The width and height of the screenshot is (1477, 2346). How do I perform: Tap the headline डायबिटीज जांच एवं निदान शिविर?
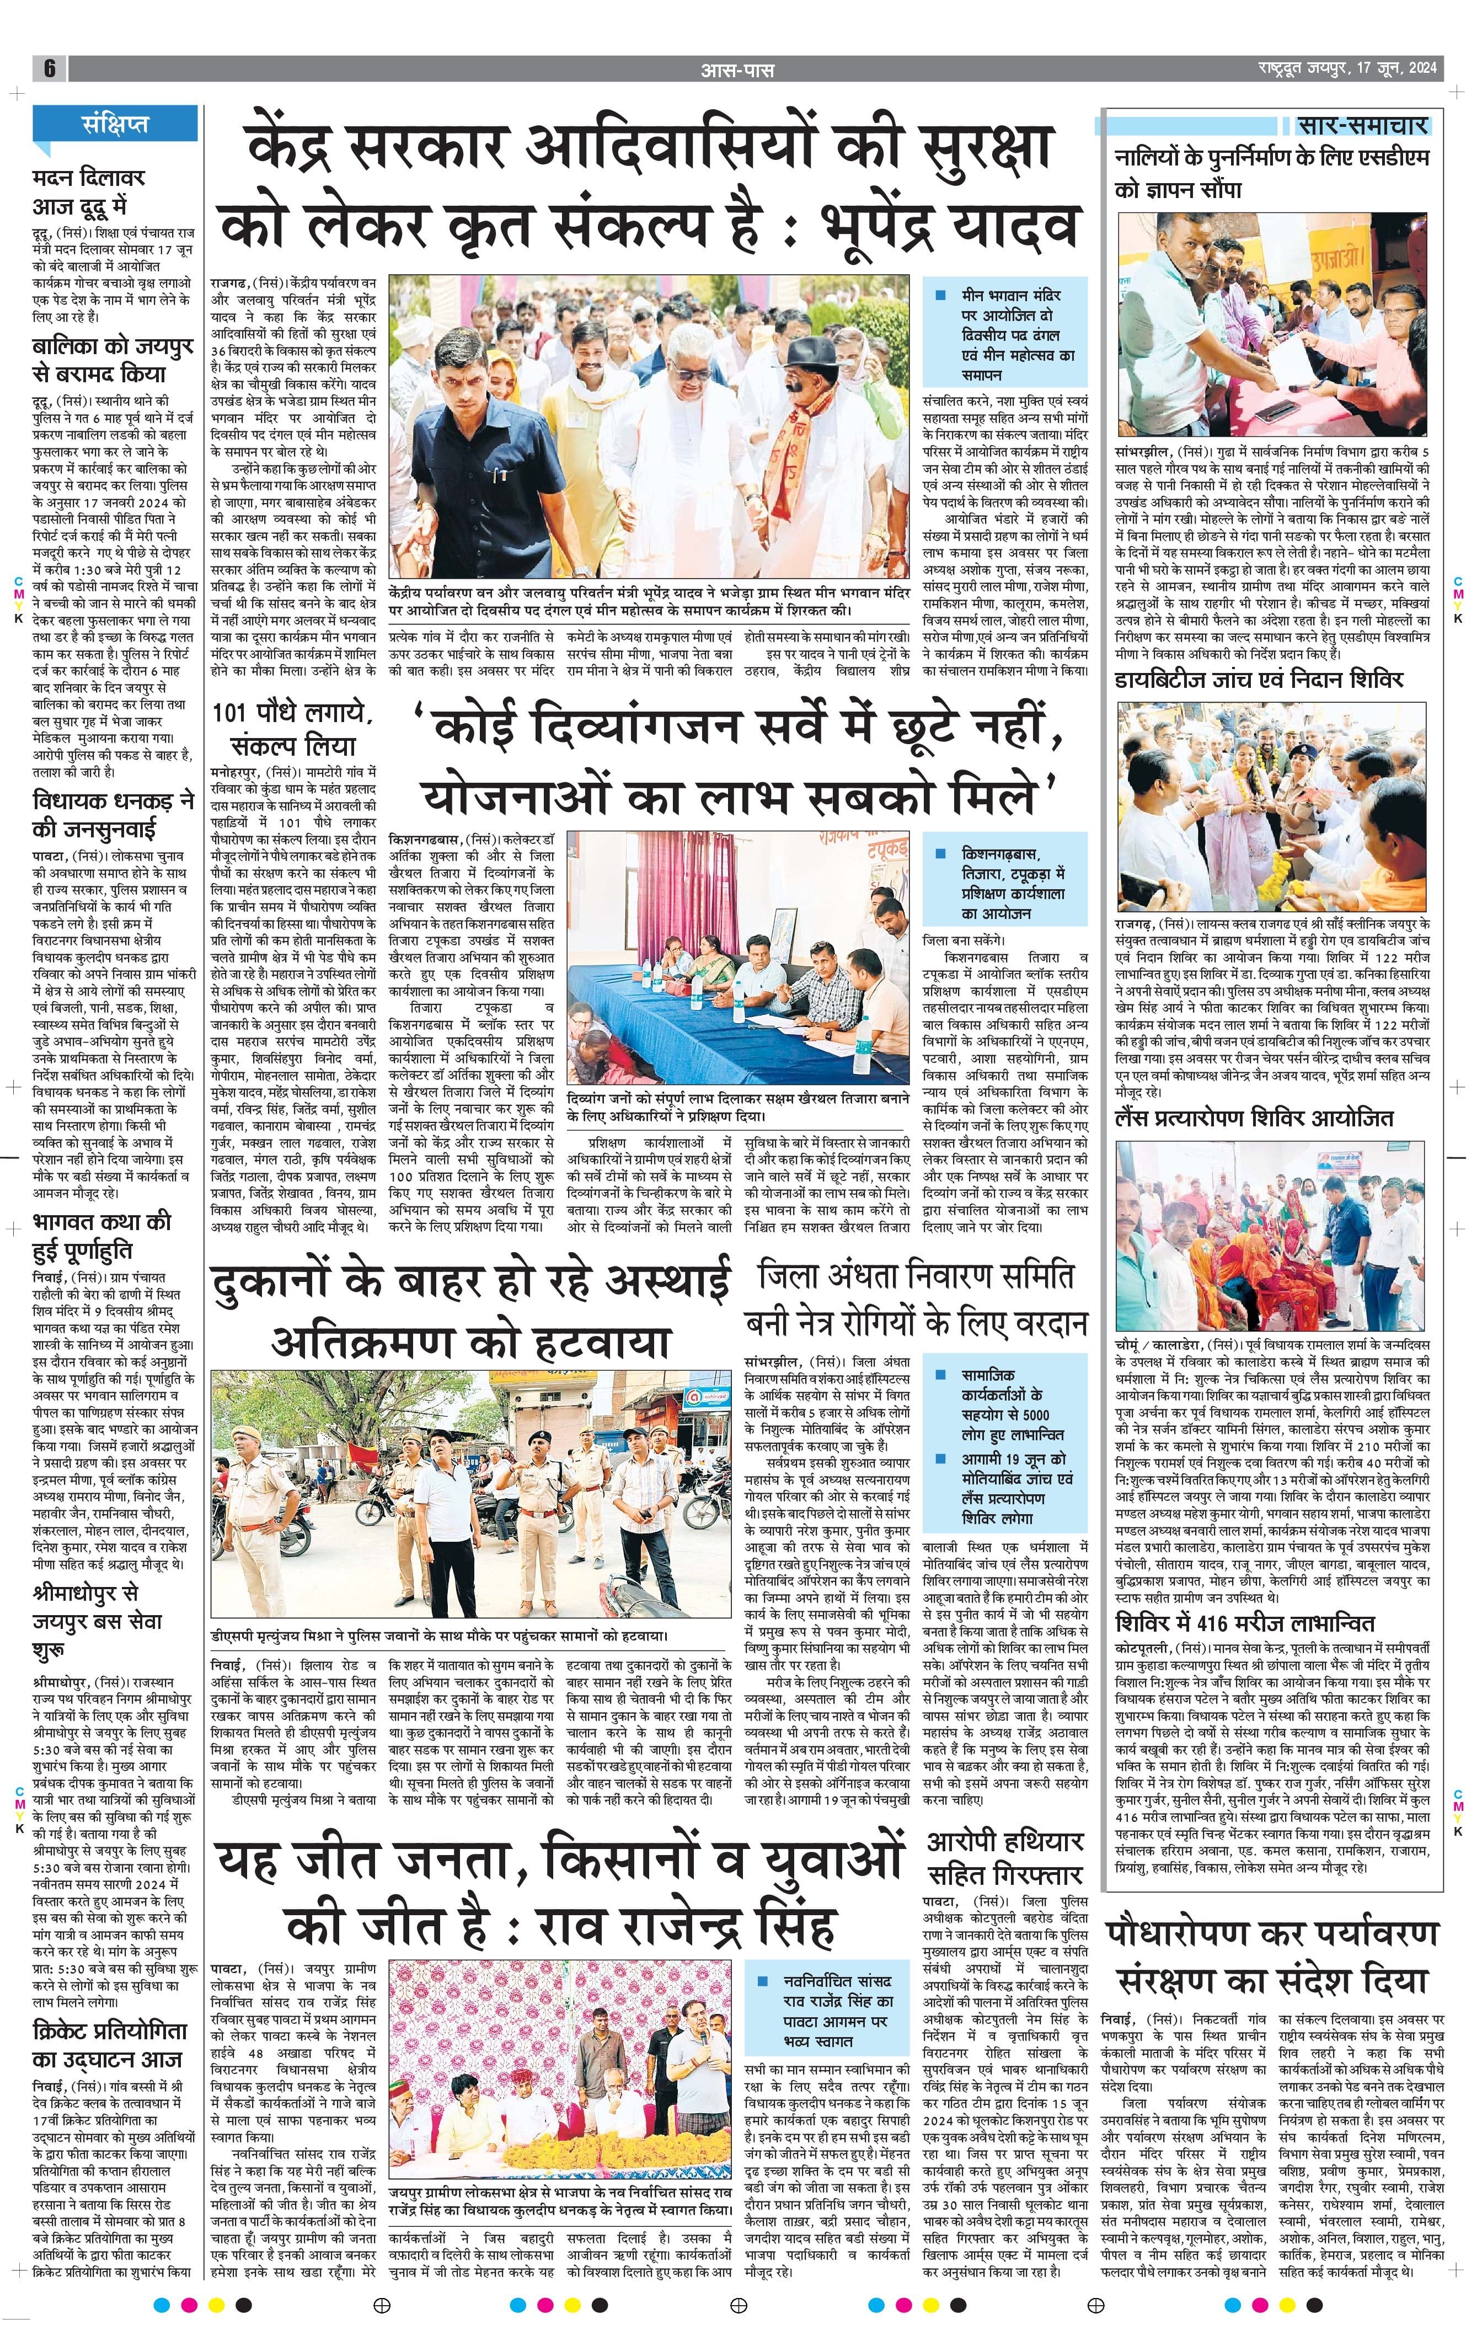point(1259,679)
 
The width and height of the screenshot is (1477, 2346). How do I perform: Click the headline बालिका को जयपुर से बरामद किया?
point(112,360)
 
